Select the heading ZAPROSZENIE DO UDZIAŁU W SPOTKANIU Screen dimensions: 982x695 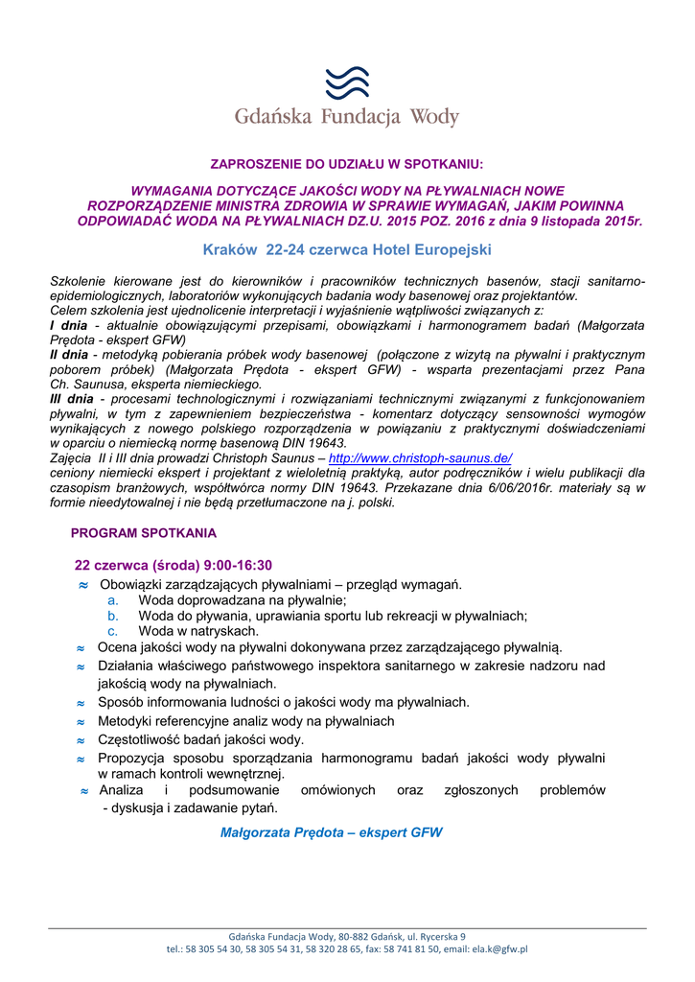point(347,164)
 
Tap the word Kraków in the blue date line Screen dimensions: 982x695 point(230,249)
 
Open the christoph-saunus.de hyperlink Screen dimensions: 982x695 point(420,458)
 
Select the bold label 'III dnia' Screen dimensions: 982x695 point(72,398)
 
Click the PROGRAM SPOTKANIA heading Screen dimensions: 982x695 point(144,532)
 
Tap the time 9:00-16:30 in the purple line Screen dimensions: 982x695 point(234,565)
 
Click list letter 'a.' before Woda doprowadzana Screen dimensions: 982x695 point(113,600)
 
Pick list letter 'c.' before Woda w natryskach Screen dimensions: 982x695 point(113,631)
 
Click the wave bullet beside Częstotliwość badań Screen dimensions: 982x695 point(81,740)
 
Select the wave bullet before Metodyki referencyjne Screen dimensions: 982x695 point(81,721)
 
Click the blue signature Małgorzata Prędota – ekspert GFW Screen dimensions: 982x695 point(332,832)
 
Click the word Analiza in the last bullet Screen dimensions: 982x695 point(122,790)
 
